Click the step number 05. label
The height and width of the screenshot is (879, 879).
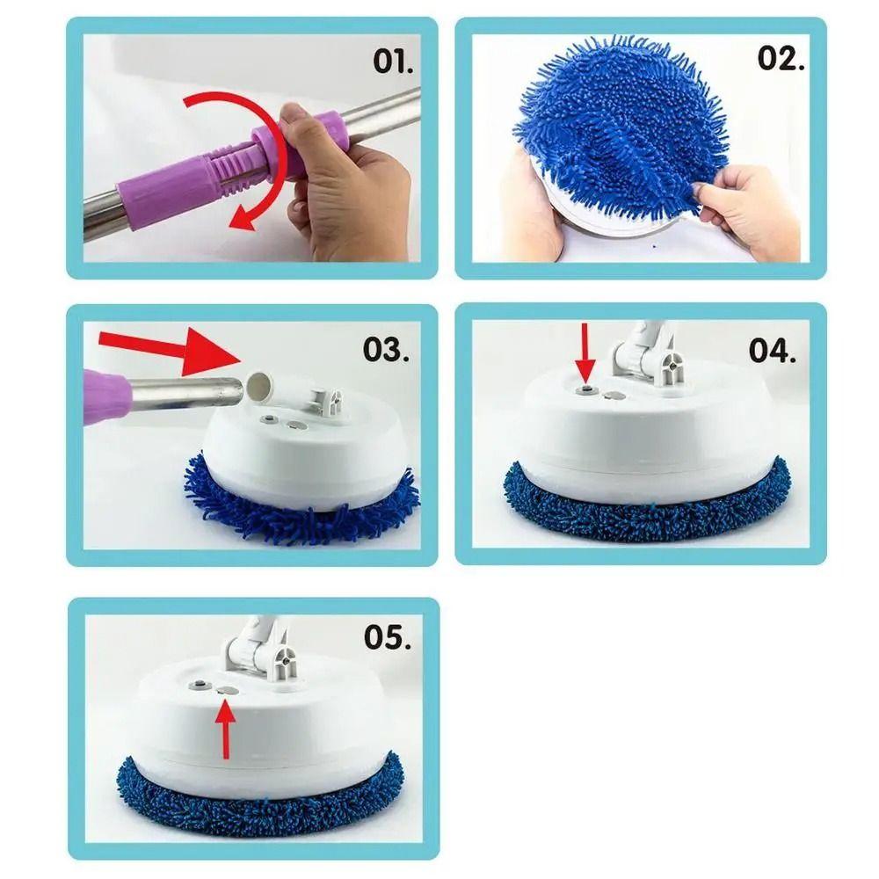pyautogui.click(x=388, y=637)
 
